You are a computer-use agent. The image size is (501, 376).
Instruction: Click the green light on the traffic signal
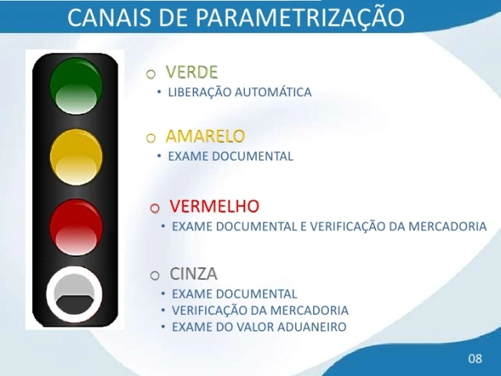click(76, 85)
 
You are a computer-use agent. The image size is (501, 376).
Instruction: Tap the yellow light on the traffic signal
click(76, 157)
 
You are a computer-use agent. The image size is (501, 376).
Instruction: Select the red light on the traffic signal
click(76, 227)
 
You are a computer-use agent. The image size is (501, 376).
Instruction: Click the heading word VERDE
click(192, 72)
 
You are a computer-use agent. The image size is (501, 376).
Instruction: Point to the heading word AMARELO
click(205, 136)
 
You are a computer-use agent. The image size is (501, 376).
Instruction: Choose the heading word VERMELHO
click(214, 206)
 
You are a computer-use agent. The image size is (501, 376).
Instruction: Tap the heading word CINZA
click(193, 273)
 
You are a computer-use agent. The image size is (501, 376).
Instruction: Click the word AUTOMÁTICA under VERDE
click(273, 92)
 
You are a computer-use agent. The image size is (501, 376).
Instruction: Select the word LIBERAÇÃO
click(200, 92)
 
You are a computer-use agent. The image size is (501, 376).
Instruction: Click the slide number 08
click(475, 359)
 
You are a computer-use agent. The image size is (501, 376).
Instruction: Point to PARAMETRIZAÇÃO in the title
click(300, 16)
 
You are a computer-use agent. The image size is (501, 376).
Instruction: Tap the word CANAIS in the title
click(109, 17)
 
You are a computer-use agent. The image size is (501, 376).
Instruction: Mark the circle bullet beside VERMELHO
click(155, 208)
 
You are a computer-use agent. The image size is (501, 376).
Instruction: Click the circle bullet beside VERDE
click(151, 74)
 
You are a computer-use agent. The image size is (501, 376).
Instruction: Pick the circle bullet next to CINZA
click(155, 275)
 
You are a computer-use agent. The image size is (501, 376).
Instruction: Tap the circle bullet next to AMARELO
click(151, 138)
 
